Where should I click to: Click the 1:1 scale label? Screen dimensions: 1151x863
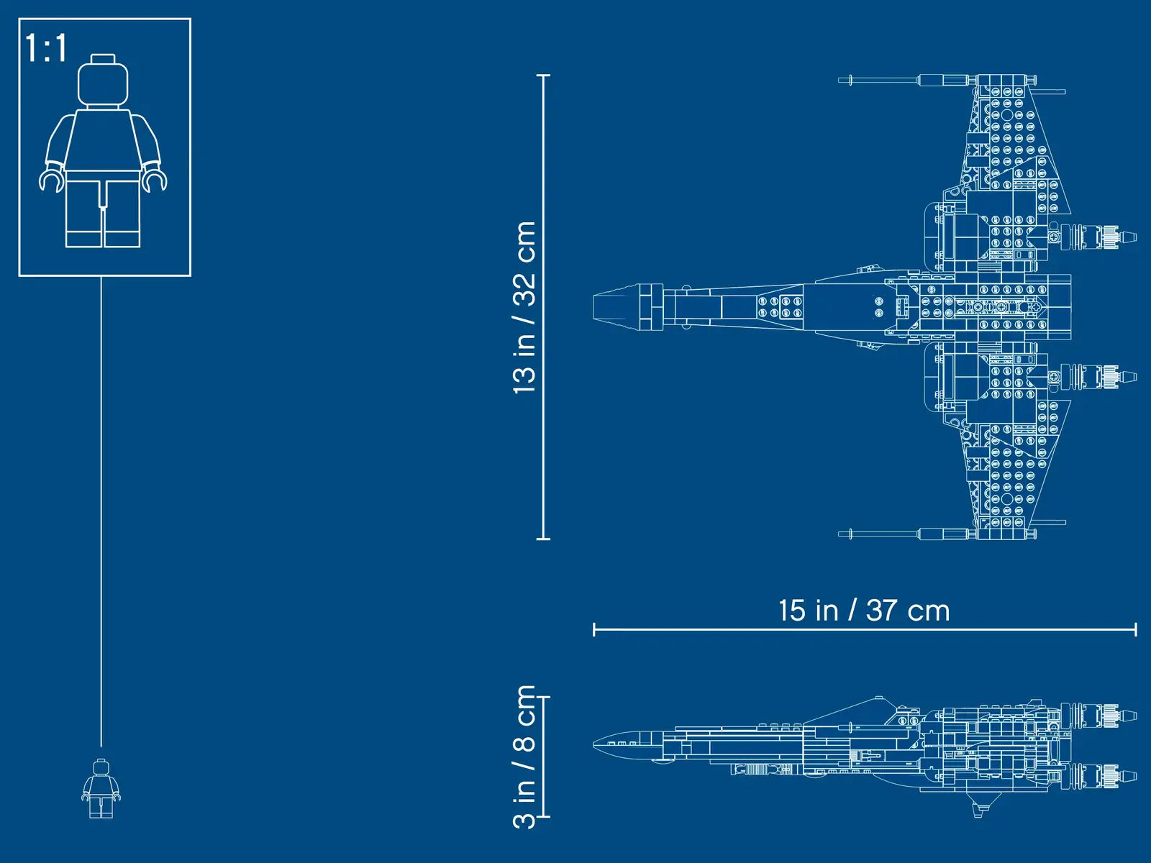tap(46, 48)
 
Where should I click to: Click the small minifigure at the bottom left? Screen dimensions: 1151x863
tap(101, 789)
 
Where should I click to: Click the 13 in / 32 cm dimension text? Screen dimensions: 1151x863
tap(524, 307)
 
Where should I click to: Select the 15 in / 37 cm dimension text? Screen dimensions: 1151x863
tap(864, 611)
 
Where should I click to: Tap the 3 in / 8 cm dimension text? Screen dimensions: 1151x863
tap(524, 757)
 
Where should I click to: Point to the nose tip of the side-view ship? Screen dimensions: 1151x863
tap(594, 744)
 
